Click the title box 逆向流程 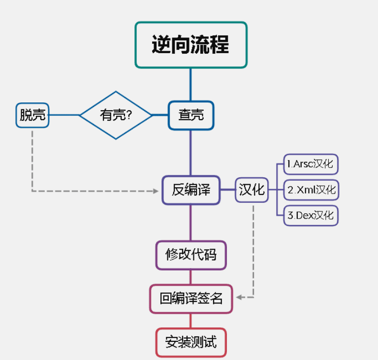(x=190, y=45)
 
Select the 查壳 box (x=190, y=115)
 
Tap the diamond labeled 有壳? (x=116, y=115)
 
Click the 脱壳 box (x=32, y=115)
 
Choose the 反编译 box (x=191, y=190)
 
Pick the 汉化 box (x=252, y=190)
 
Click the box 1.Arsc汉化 (x=311, y=164)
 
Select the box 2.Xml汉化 (x=311, y=190)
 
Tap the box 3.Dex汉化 (x=311, y=215)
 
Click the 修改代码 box (x=191, y=255)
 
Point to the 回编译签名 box (x=191, y=298)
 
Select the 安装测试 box (x=191, y=342)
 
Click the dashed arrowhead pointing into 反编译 (x=157, y=191)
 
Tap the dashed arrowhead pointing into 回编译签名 (x=239, y=297)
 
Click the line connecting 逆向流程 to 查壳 (x=190, y=84)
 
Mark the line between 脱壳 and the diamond (x=64, y=115)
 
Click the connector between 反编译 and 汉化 (x=227, y=190)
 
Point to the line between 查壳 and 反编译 (x=190, y=153)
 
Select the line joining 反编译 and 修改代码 (x=190, y=222)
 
